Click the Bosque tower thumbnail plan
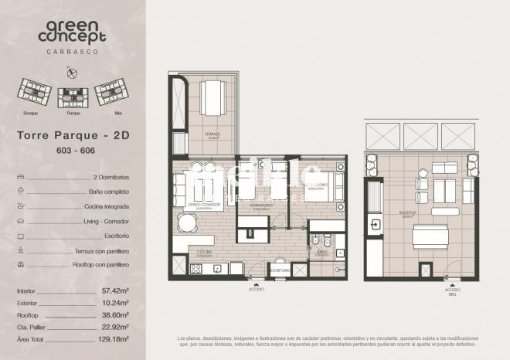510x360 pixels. tap(32, 93)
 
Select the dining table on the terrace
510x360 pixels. tap(212, 97)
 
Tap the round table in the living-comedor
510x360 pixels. tap(186, 224)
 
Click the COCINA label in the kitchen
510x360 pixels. tap(204, 251)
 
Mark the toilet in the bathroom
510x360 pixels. tap(326, 241)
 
